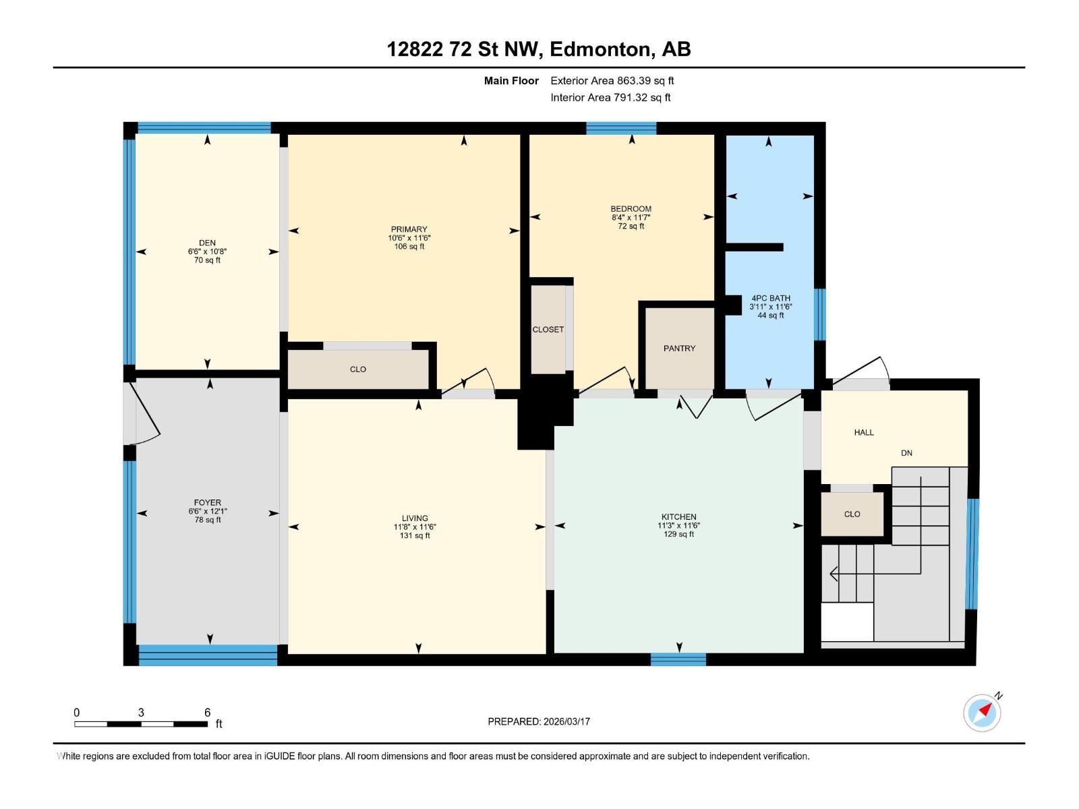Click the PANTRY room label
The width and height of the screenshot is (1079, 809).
679,349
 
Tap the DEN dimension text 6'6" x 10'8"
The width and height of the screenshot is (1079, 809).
207,251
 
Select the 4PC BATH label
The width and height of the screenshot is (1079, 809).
771,298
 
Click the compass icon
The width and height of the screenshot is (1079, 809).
982,713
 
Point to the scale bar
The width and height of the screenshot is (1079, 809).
141,724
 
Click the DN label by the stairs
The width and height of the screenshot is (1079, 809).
906,453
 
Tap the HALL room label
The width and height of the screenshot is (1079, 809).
864,432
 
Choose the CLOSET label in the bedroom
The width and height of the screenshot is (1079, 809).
548,330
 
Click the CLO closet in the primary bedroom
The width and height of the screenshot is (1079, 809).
358,369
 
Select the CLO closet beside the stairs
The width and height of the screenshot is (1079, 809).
852,514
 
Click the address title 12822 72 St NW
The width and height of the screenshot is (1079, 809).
538,49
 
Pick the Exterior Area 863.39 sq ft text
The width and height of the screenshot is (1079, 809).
612,81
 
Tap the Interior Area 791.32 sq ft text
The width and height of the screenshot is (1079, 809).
610,98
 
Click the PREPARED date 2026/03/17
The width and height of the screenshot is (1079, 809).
539,721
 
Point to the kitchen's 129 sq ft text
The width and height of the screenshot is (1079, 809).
678,534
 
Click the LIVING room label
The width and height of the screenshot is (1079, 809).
415,518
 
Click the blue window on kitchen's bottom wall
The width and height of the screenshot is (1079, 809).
678,659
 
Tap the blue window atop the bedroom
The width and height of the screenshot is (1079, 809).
621,128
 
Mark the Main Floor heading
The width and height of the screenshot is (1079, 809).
511,81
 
